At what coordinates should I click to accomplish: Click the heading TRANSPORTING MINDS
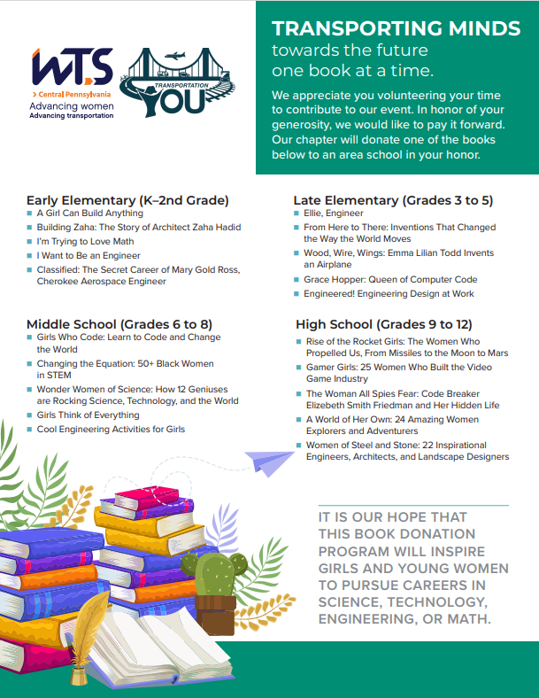396,28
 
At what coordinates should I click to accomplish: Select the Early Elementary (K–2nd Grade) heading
127,199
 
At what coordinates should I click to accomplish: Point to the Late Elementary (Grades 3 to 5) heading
394,200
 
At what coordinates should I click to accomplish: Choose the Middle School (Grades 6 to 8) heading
119,323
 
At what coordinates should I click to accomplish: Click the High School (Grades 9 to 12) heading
383,325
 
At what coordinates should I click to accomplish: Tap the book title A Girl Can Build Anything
89,213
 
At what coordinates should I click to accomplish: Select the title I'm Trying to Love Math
86,242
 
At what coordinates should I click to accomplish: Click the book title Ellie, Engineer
333,213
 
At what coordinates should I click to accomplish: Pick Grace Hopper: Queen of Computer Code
390,279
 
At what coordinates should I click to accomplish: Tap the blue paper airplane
269,461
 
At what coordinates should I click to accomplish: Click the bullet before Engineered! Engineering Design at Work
297,294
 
